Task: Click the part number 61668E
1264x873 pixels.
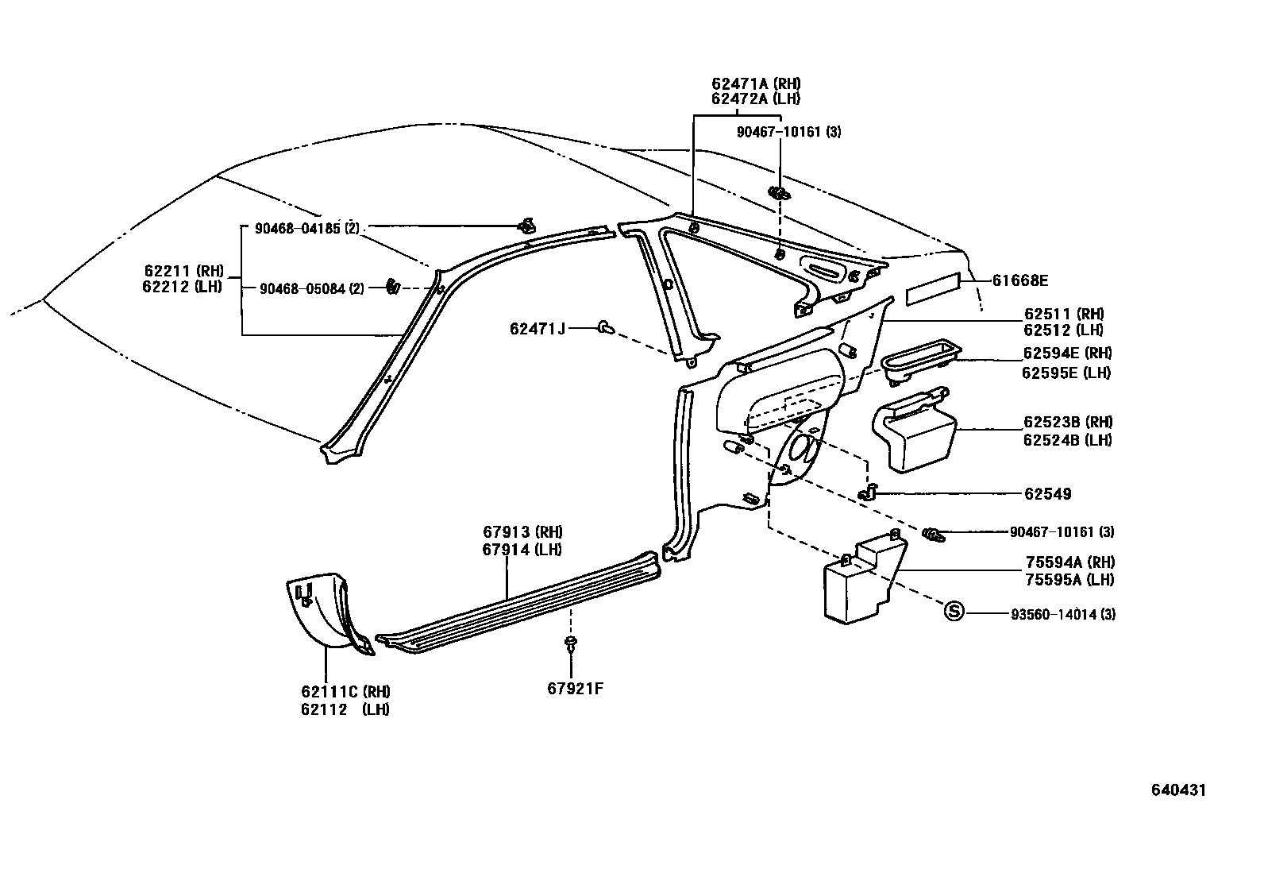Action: (1020, 280)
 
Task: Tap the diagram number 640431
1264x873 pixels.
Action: (1179, 790)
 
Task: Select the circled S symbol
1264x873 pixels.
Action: (954, 611)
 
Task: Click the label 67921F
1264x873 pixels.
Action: (575, 689)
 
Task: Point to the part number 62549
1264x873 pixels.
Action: (1047, 494)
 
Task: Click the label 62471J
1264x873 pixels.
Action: (538, 327)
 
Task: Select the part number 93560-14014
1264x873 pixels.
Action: (1063, 614)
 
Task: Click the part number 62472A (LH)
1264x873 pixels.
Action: (756, 99)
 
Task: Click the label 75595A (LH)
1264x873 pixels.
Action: (1069, 580)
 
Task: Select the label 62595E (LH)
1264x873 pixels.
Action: (1066, 373)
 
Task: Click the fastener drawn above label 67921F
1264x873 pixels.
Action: (570, 643)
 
